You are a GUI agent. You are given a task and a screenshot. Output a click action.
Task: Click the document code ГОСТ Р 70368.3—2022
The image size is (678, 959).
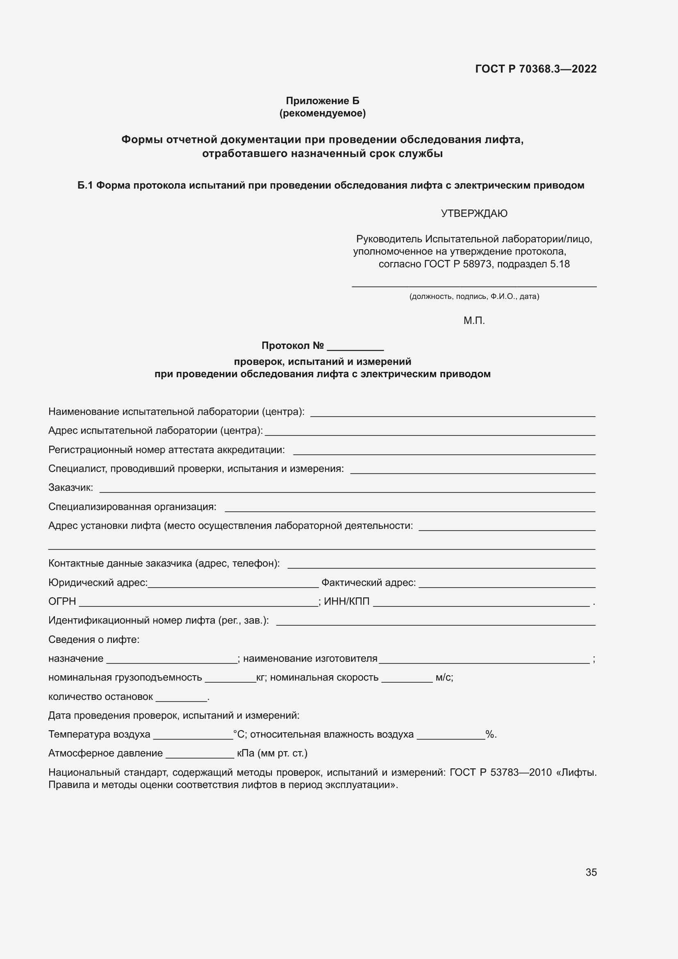[x=536, y=69]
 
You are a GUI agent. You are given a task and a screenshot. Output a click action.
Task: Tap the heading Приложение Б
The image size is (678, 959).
[x=322, y=101]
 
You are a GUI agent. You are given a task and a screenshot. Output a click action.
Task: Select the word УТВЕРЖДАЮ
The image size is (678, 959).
[x=474, y=214]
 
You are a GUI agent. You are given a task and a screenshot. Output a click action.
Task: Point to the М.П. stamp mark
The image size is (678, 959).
[x=474, y=321]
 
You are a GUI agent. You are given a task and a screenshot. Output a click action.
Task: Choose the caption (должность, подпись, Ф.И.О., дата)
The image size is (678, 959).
[x=474, y=296]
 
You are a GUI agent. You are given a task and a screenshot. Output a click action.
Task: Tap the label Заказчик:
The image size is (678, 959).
[x=71, y=487]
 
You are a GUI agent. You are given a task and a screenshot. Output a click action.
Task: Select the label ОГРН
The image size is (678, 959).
[x=62, y=601]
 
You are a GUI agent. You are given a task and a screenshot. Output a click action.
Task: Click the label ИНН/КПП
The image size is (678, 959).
[x=346, y=601]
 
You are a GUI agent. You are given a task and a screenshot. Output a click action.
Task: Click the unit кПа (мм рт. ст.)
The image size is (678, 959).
[x=272, y=753]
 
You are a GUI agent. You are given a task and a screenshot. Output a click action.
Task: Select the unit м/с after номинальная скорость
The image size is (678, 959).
[x=444, y=677]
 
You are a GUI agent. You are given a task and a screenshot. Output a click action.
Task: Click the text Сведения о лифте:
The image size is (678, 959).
[x=94, y=640]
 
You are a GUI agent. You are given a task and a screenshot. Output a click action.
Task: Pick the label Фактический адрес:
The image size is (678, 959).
[x=369, y=583]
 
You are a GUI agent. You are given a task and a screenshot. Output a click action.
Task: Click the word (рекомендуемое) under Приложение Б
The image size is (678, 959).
[x=322, y=113]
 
